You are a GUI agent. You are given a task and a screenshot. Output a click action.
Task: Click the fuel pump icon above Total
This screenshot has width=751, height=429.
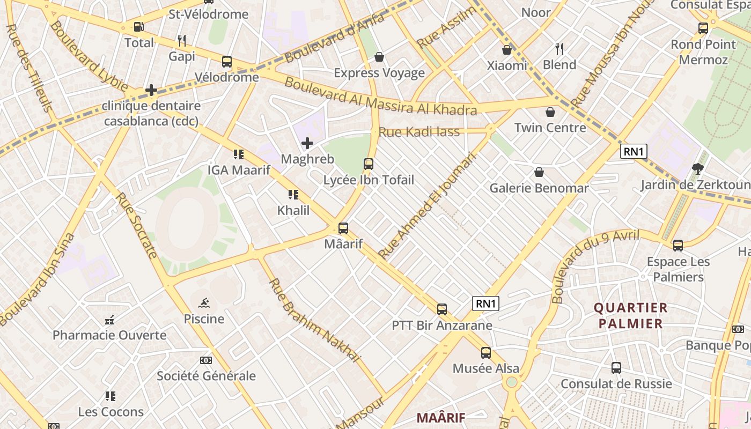click(x=138, y=27)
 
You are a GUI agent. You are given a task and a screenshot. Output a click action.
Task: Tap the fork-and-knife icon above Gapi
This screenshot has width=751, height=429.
click(x=182, y=40)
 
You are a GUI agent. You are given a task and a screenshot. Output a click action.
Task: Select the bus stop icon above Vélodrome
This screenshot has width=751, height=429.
click(x=227, y=62)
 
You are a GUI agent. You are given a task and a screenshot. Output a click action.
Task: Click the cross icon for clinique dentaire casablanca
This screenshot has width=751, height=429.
click(x=151, y=90)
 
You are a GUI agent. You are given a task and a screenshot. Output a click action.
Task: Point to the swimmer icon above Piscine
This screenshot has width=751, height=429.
click(x=204, y=304)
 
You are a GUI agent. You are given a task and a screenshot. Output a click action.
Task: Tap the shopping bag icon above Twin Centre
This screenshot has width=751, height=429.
click(x=550, y=112)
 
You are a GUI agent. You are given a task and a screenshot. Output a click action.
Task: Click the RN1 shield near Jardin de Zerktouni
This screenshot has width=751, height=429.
click(x=634, y=151)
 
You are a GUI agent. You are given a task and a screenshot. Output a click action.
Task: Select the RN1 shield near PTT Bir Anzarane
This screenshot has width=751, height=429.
click(x=486, y=304)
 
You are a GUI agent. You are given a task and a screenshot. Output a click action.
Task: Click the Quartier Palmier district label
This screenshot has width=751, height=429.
click(x=631, y=316)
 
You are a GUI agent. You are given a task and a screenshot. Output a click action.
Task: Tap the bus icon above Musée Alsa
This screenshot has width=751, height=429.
click(x=485, y=353)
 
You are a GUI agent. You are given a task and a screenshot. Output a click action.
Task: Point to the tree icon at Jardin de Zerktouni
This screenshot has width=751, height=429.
click(x=697, y=169)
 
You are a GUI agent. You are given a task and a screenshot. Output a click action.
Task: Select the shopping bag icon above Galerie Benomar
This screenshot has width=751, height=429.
click(x=539, y=173)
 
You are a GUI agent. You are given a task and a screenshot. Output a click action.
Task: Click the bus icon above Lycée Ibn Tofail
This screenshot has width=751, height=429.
click(x=369, y=164)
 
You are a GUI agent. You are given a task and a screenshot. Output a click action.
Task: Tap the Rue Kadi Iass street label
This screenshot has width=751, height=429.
click(x=419, y=132)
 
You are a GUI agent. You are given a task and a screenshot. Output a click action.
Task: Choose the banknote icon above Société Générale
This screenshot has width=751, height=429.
click(x=206, y=360)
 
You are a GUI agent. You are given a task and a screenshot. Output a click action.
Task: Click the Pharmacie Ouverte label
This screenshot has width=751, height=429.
click(x=109, y=336)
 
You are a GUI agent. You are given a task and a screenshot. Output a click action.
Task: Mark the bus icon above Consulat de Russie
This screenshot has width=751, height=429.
click(x=616, y=368)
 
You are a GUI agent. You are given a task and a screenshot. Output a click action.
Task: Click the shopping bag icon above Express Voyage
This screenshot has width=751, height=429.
click(x=379, y=57)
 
